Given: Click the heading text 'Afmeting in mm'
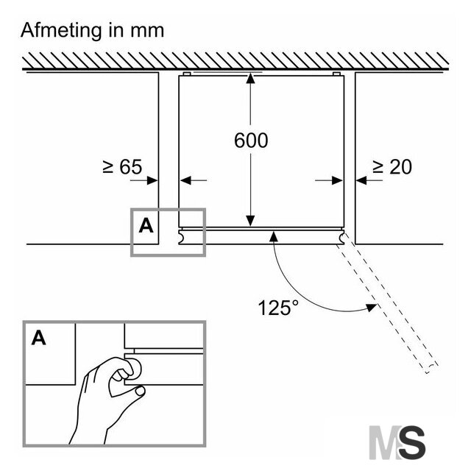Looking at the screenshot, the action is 92,31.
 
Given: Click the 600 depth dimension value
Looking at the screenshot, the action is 251,141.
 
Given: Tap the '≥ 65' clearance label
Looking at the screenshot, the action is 122,167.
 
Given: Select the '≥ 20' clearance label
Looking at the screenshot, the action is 392,167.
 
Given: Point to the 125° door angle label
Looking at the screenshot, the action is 278,308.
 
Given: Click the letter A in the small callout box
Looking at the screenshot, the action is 146,226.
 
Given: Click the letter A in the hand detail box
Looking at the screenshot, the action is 39,338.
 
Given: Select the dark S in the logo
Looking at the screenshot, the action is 412,442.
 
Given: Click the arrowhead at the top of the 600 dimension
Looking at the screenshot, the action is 250,78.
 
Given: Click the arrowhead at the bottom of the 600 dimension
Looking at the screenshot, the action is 250,221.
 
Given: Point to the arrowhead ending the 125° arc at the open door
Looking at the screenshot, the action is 371,308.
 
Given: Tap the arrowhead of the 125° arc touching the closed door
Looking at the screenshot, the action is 273,236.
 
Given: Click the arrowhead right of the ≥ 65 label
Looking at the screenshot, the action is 152,180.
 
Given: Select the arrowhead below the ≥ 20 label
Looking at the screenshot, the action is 361,180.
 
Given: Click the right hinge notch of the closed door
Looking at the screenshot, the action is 341,237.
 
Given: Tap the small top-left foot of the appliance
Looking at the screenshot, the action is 187,74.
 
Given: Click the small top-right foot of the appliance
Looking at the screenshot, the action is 336,74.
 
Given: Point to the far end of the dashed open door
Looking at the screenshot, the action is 432,369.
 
